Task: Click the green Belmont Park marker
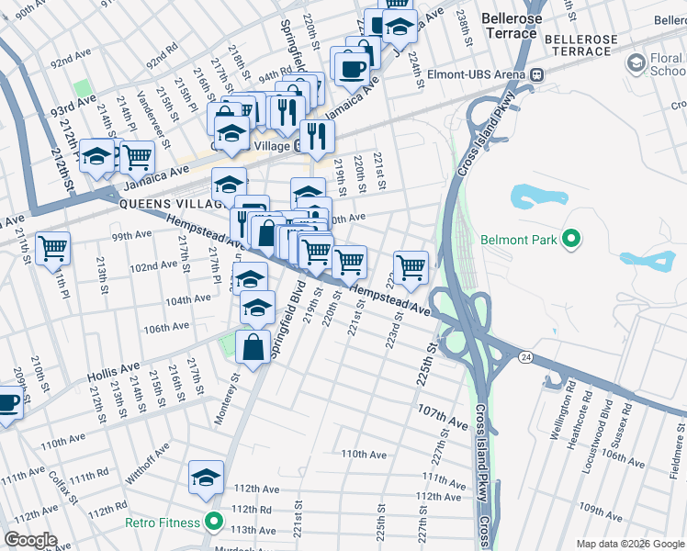tap(572, 241)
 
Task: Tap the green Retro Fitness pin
tap(214, 523)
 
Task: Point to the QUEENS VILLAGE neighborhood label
tap(170, 204)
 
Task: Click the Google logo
tap(30, 540)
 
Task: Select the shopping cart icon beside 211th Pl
tap(53, 248)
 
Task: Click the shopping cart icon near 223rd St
tap(411, 266)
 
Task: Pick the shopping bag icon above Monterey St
tap(253, 347)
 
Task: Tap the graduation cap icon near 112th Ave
tap(206, 477)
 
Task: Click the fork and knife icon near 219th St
tap(317, 137)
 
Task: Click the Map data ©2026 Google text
tap(630, 544)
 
